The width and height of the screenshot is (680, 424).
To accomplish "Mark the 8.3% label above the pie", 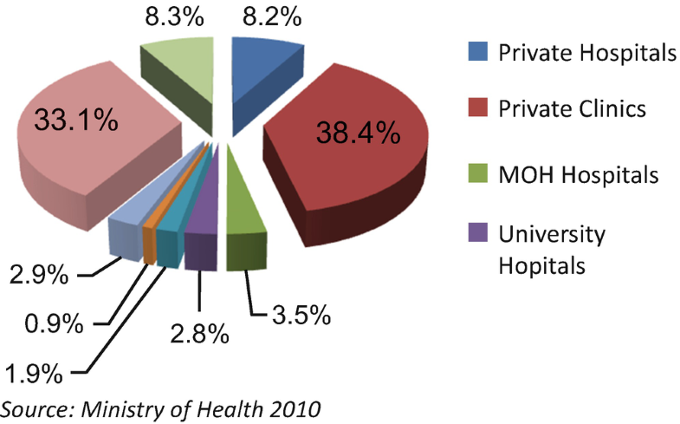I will pyautogui.click(x=173, y=16).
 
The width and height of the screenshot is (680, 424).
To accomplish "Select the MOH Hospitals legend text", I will pyautogui.click(x=577, y=175).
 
